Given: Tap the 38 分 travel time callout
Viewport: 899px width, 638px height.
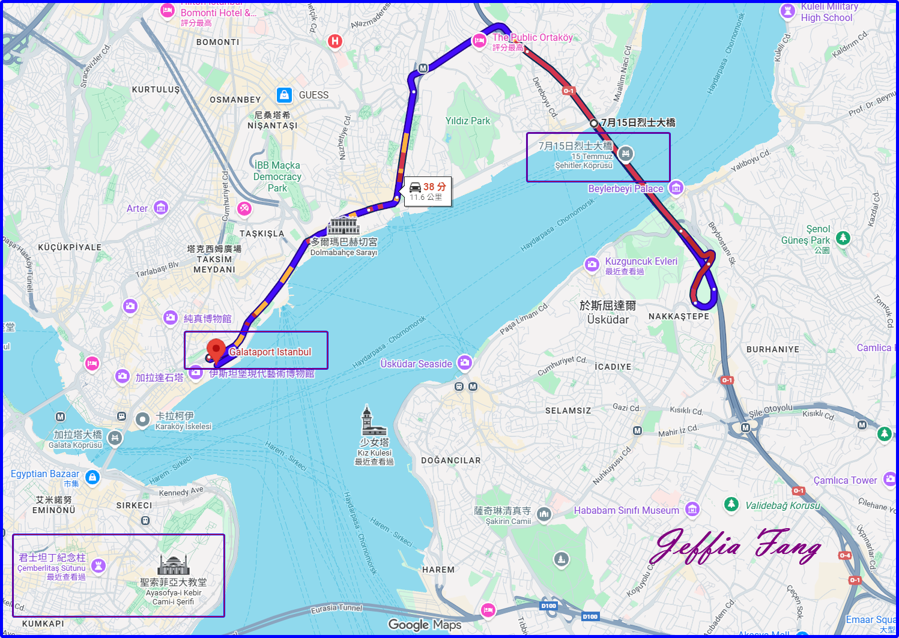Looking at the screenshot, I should coord(428,191).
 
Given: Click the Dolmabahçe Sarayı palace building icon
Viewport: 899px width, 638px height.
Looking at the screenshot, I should coord(344,226).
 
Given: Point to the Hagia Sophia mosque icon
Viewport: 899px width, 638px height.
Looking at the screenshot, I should coord(174,564).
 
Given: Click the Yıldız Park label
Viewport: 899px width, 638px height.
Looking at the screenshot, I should coord(467,121).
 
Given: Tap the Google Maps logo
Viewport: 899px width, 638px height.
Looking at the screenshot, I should coord(425,625).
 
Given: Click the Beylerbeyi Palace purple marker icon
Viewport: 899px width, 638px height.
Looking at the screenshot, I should coord(676,188).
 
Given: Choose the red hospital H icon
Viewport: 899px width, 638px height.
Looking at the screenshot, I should coord(335,41).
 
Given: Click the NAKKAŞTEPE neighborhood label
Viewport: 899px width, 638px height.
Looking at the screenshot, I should coord(679,316).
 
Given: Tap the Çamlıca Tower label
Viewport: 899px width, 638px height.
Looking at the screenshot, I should coord(845,480).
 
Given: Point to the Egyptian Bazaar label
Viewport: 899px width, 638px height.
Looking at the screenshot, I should coord(45,474).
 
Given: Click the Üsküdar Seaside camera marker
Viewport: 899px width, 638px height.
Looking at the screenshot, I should coord(464,363).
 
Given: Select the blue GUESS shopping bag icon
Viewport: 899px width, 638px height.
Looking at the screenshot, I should coord(284,95).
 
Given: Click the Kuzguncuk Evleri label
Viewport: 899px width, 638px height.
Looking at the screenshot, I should coord(641,262).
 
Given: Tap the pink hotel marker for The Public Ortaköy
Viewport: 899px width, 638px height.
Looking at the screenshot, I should coord(479,41).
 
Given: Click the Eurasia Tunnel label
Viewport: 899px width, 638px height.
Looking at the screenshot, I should coord(336,609).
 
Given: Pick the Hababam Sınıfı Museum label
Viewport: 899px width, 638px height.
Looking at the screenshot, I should coord(626,510).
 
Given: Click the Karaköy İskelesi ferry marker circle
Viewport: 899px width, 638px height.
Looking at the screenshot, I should coord(142,420).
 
